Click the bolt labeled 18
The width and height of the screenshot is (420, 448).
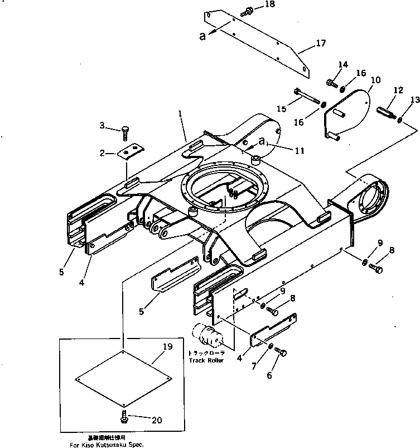[x=247, y=10]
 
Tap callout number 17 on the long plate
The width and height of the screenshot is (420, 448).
[x=320, y=44]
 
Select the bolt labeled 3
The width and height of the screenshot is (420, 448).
[x=125, y=131]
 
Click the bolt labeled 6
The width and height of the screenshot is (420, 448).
[x=281, y=352]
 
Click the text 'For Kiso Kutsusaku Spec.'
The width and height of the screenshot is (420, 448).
[x=106, y=445]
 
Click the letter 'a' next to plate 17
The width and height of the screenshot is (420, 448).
[x=202, y=37]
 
